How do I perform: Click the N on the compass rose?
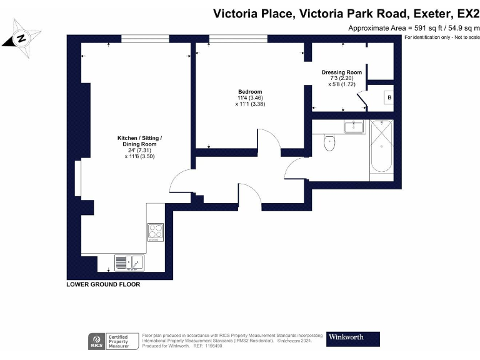tap(21, 38)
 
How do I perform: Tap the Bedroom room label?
tap(250, 91)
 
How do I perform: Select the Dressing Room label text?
tap(342, 72)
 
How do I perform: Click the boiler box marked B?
tap(389, 97)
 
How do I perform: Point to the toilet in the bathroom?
tap(329, 142)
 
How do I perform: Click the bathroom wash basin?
tap(354, 126)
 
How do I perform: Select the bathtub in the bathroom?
tap(381, 146)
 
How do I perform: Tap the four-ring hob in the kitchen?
tap(156, 232)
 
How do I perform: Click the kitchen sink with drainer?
tap(129, 262)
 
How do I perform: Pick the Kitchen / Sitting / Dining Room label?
tap(139, 141)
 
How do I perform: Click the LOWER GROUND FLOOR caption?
tap(103, 284)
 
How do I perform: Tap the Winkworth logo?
tap(353, 339)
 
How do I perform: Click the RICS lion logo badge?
tap(96, 342)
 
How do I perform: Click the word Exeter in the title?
tap(432, 14)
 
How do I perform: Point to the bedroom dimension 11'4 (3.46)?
tap(250, 98)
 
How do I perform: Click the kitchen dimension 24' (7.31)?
tap(139, 150)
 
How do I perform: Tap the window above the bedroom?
tap(238, 39)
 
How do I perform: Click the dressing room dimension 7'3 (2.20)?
tap(342, 78)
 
